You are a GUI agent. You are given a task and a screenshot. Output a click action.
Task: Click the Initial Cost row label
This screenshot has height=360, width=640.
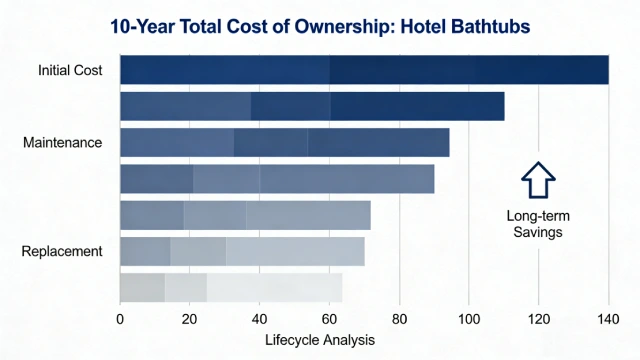coord(70,70)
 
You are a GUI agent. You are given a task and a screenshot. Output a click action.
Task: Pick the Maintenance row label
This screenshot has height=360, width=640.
coord(62,143)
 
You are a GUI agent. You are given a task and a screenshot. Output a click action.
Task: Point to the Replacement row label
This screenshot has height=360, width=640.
coord(62,251)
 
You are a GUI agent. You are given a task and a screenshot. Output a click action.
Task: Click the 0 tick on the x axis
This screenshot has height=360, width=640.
coord(120,319)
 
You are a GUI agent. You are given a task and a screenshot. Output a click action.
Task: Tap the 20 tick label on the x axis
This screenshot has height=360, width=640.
coord(190,319)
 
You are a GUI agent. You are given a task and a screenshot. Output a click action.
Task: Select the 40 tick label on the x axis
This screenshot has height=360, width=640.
coord(260,319)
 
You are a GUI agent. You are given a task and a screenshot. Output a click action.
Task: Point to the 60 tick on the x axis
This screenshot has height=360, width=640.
coord(330,319)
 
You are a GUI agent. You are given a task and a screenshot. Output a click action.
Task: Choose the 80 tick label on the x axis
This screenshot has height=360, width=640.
coord(400,319)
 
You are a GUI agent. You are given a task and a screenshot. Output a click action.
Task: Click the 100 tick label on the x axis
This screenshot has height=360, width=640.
coord(469,319)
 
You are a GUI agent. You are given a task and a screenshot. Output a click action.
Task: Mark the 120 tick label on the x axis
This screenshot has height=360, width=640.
coord(539,319)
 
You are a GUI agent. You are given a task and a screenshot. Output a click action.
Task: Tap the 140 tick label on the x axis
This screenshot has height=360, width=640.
coord(609,319)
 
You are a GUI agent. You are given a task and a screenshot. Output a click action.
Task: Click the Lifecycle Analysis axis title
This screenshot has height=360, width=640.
coord(320,340)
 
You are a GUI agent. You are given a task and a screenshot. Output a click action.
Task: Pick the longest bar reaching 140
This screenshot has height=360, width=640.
coord(364,70)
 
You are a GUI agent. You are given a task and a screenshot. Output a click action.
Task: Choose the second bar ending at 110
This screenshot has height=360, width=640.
coord(312,106)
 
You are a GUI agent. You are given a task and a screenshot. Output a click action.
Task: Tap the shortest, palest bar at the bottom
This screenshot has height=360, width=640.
coord(231,287)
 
